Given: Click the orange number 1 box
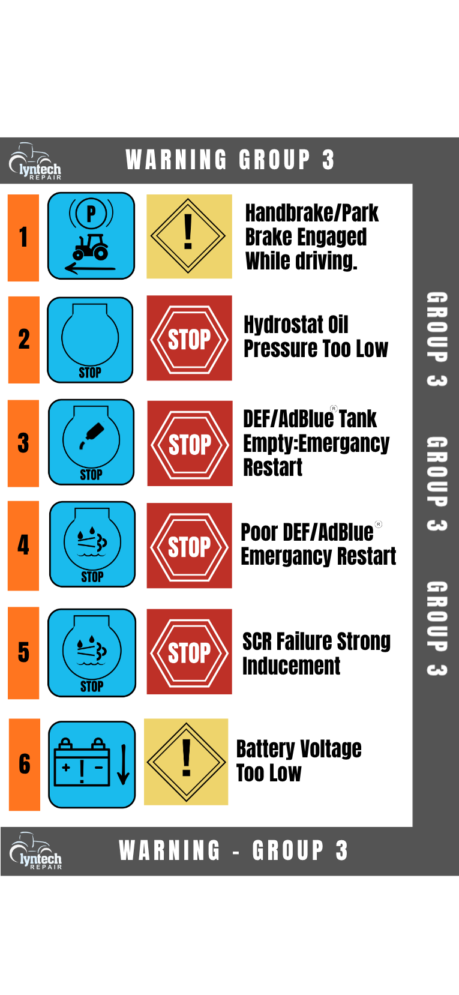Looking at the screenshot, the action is coord(23,238).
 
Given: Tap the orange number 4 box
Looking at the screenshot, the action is coord(23,546).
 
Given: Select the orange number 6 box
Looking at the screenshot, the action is coord(25,765).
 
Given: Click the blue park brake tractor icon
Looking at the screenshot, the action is coord(91,235).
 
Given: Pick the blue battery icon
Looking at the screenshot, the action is coord(92,764).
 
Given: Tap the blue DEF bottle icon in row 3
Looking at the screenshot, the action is coord(91,442).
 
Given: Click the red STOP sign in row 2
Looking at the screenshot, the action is coord(190,338).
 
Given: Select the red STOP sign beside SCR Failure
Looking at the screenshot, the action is coord(190,652).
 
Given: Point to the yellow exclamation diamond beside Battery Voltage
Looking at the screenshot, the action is coord(186,762).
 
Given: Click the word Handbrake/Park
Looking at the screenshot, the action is coord(311,213).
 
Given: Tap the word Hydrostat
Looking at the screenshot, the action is coord(283,325).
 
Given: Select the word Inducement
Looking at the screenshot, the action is coord(291,666).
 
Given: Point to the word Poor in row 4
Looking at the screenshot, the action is coord(259,532).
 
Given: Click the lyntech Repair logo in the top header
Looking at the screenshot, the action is coord(35,161).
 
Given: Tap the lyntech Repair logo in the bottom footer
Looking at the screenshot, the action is coord(36,850).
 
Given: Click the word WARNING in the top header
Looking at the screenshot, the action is coord(176,160).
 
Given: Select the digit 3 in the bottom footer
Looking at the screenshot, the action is coord(341,850).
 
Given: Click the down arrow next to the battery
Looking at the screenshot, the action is coord(124,765).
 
